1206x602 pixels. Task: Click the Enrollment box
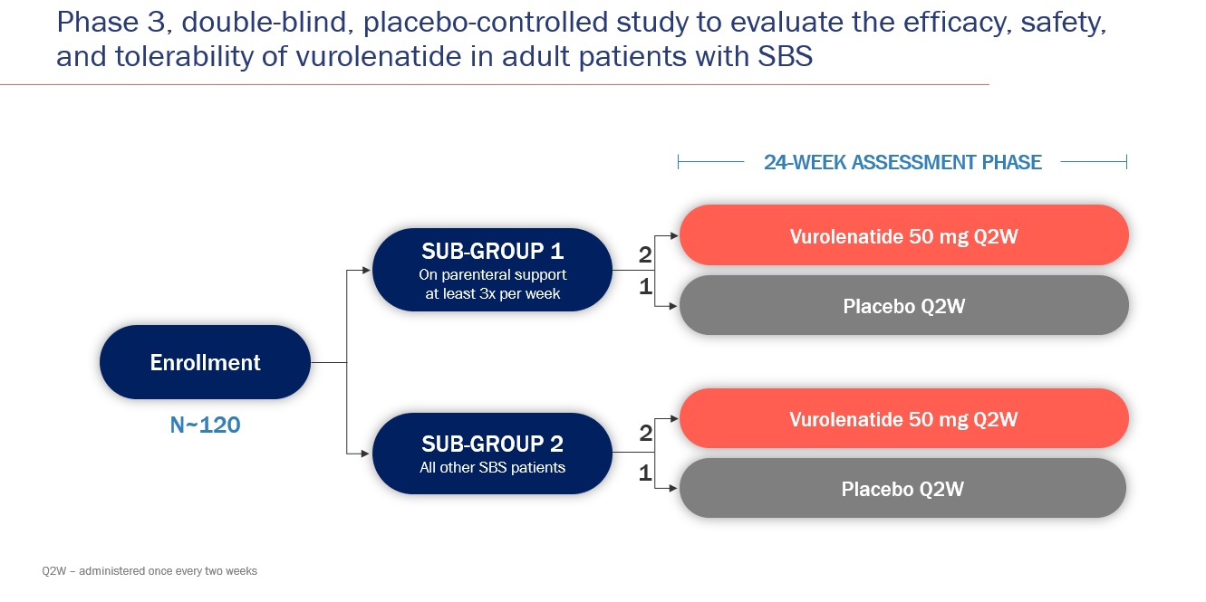205,362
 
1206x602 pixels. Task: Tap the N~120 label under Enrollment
206,424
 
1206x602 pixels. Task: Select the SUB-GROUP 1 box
493,269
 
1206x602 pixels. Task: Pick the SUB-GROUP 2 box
493,453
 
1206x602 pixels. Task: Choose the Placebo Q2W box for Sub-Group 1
903,306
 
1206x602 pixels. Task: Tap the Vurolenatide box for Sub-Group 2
903,419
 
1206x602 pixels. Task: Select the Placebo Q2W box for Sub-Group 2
902,489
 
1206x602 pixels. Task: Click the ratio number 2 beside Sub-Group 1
645,255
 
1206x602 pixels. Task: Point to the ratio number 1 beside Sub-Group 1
645,287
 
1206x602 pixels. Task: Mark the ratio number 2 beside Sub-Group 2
645,434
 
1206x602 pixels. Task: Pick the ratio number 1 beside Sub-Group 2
645,472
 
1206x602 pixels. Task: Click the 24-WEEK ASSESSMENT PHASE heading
902,162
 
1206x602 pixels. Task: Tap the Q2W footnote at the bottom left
150,571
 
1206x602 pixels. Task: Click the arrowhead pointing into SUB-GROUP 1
367,270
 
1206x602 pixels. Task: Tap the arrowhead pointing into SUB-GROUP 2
367,453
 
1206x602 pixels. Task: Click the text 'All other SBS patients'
492,468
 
